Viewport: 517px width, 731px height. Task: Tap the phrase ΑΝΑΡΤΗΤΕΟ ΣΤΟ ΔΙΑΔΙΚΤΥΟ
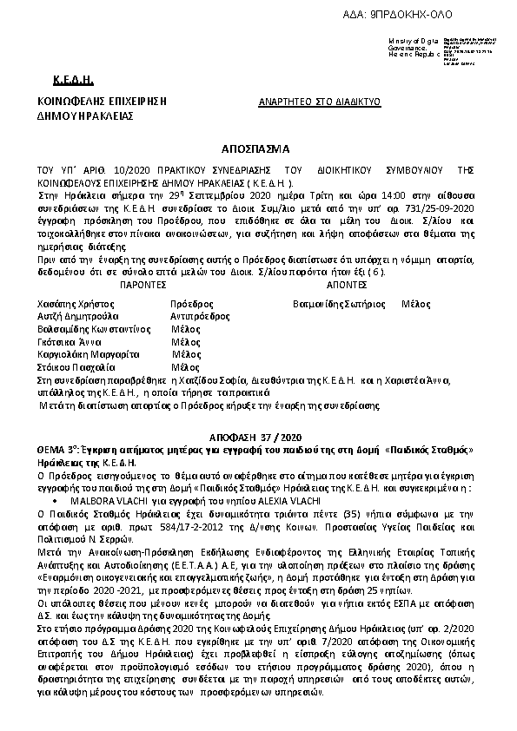[320, 102]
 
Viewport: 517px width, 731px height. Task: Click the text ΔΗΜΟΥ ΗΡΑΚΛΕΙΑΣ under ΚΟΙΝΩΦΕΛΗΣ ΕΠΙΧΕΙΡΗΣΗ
[83, 114]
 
